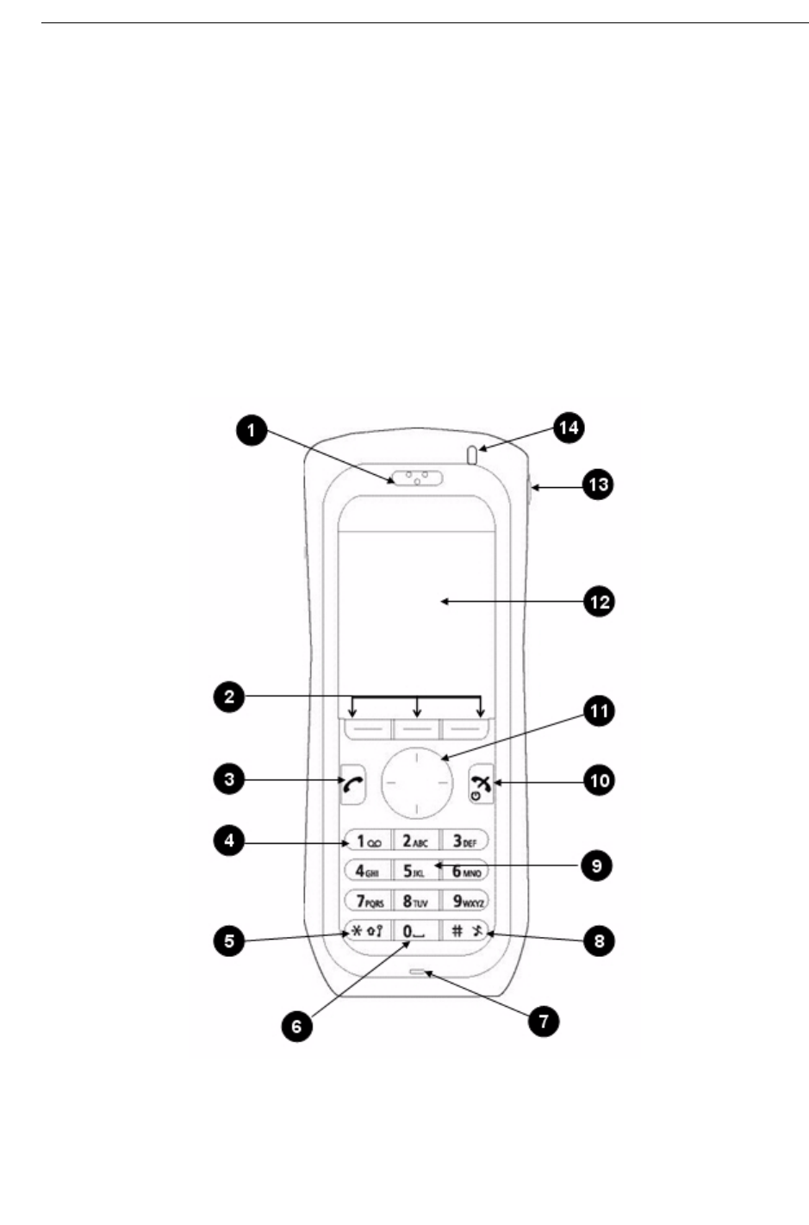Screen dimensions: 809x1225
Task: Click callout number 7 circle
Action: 544,1022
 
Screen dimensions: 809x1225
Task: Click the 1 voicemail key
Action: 367,841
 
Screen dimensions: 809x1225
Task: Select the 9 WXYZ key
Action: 465,901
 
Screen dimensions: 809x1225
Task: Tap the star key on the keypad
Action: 367,931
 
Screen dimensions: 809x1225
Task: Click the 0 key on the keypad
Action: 415,931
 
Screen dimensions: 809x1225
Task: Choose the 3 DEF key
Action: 465,841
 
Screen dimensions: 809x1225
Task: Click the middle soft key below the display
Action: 417,728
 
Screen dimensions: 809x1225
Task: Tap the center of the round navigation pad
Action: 417,781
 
